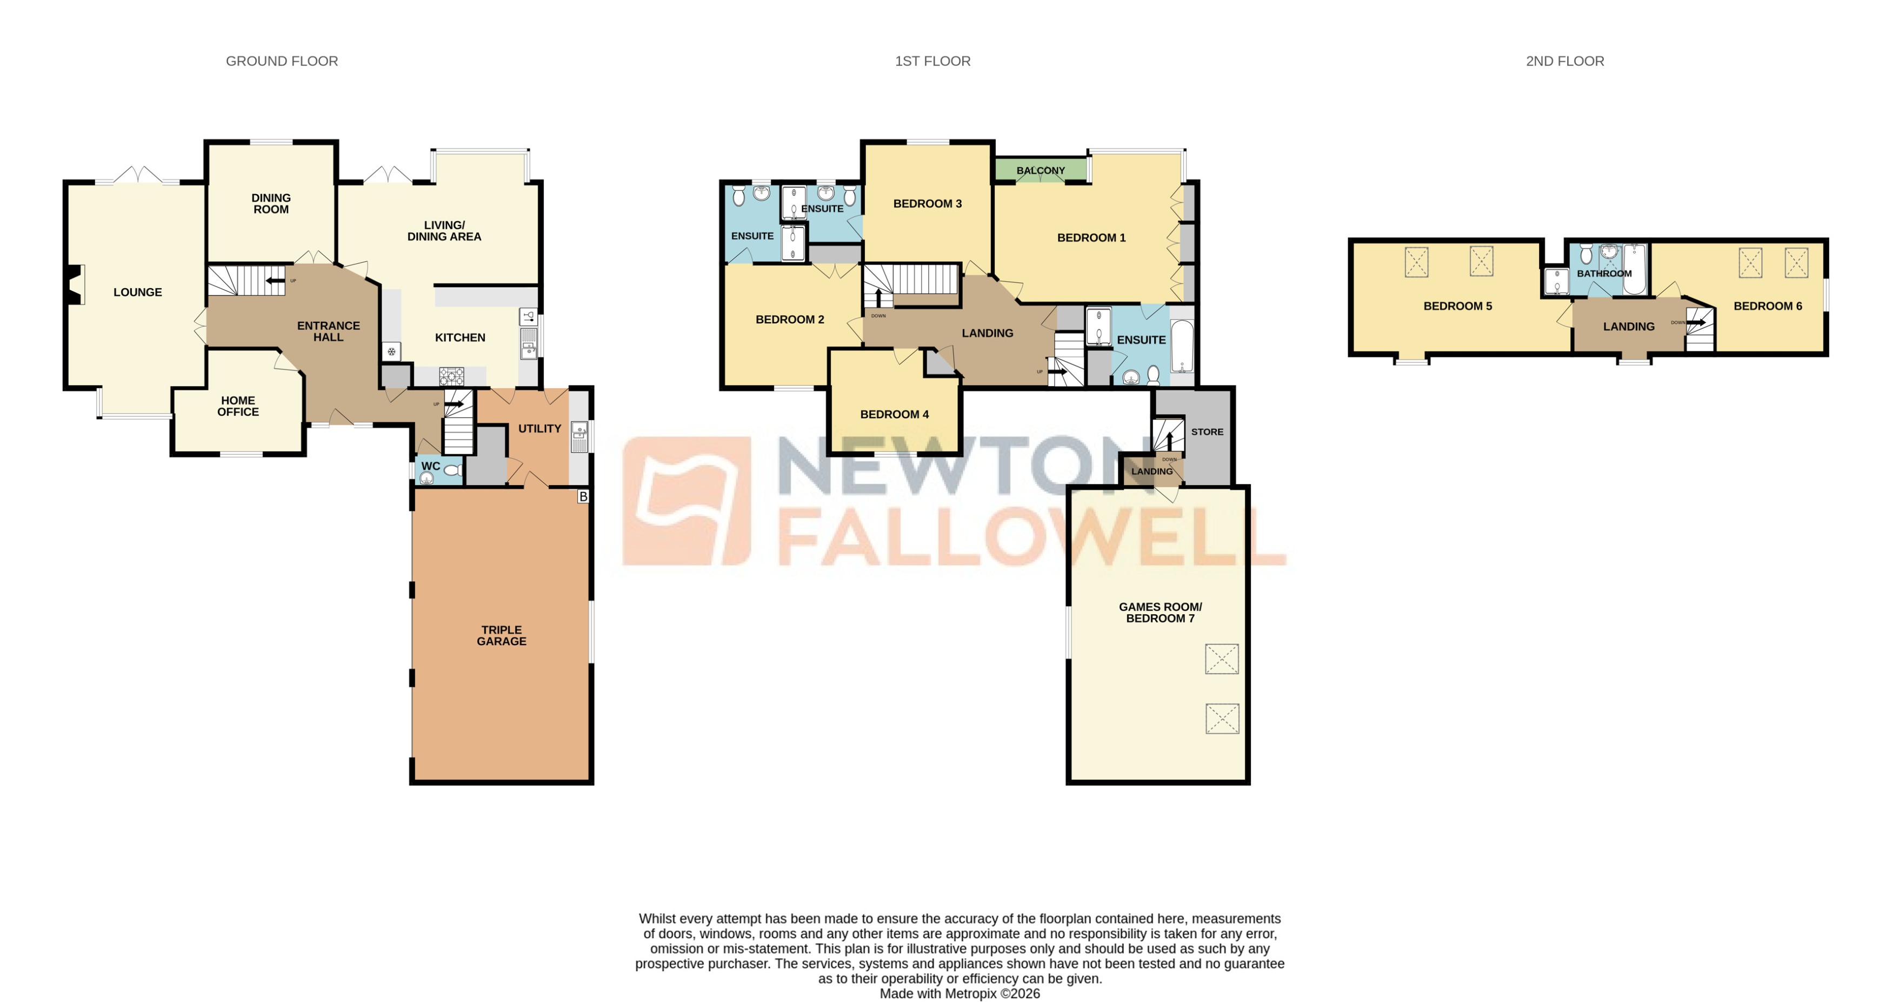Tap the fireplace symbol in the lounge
[x=74, y=284]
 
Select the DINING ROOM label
[x=271, y=203]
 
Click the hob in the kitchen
[x=452, y=377]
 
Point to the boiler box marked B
[x=583, y=496]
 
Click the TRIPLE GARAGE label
[x=501, y=635]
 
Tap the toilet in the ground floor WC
[x=452, y=470]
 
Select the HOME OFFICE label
[x=238, y=406]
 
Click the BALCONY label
[x=1040, y=170]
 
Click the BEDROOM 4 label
[x=894, y=414]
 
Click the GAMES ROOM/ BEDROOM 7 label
[x=1160, y=613]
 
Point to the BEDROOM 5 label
[x=1457, y=306]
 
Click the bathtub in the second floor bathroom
[x=1635, y=270]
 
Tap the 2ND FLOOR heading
[x=1564, y=61]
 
